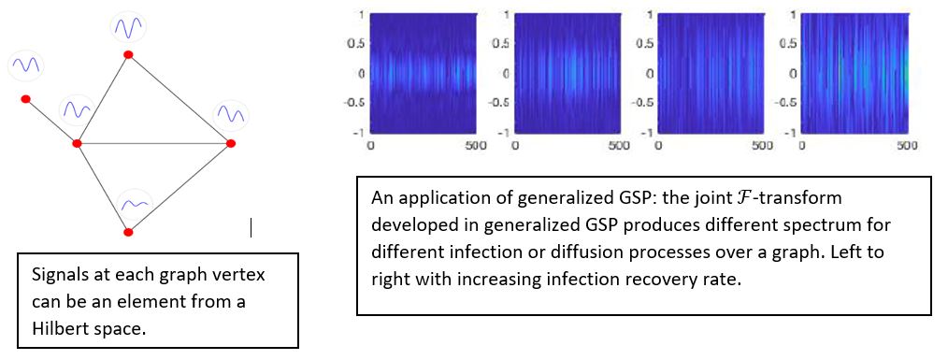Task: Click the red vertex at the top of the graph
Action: click(x=128, y=55)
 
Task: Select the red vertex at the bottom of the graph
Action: click(x=128, y=231)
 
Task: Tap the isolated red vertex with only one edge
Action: click(x=26, y=98)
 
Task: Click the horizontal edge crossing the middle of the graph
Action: click(x=154, y=143)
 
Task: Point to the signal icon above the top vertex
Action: click(x=127, y=27)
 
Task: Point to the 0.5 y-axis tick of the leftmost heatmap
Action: click(x=354, y=43)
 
